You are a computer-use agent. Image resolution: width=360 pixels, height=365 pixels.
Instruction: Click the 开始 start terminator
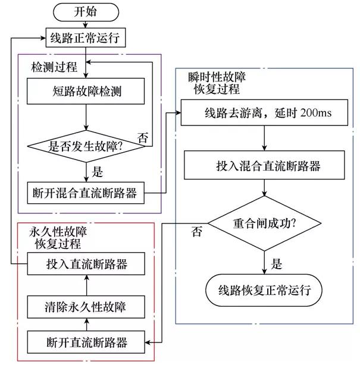click(x=86, y=12)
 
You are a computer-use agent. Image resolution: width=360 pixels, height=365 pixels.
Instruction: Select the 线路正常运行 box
click(x=86, y=37)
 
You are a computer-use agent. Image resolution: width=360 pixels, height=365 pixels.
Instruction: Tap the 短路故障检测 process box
click(x=86, y=91)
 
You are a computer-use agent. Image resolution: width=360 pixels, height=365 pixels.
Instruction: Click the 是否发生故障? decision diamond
click(x=86, y=146)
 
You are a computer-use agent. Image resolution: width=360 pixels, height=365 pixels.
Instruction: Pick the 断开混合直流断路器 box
click(x=86, y=193)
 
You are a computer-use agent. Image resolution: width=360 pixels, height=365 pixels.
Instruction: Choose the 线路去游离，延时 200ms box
click(x=264, y=113)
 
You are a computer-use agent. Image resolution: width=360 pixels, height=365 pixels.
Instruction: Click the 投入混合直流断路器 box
click(x=264, y=165)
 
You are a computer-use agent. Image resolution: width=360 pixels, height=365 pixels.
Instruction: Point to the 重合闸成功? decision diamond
click(x=264, y=224)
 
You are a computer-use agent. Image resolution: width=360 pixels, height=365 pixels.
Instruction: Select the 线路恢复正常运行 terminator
click(x=264, y=290)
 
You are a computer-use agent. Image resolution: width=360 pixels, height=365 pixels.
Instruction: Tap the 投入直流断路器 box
click(x=86, y=264)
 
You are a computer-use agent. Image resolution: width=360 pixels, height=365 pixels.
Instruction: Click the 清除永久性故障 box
click(x=86, y=307)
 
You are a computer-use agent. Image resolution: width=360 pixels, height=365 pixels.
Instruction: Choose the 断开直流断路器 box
click(x=86, y=342)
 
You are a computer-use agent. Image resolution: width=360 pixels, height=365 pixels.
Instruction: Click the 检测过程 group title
click(x=54, y=67)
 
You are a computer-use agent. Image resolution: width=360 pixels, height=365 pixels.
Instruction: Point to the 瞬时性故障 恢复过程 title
click(x=217, y=83)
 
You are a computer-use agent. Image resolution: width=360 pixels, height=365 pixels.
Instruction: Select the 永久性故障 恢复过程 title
click(x=58, y=238)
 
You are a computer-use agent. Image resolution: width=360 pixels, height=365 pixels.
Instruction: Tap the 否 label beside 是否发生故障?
click(x=143, y=138)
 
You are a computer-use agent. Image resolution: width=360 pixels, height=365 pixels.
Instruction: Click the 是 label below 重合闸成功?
click(x=276, y=264)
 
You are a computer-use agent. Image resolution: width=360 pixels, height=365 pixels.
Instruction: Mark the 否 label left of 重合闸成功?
click(x=196, y=232)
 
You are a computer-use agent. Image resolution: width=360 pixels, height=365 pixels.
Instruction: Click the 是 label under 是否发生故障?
click(x=97, y=172)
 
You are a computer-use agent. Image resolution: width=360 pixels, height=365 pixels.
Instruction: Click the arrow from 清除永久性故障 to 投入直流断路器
click(x=87, y=285)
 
